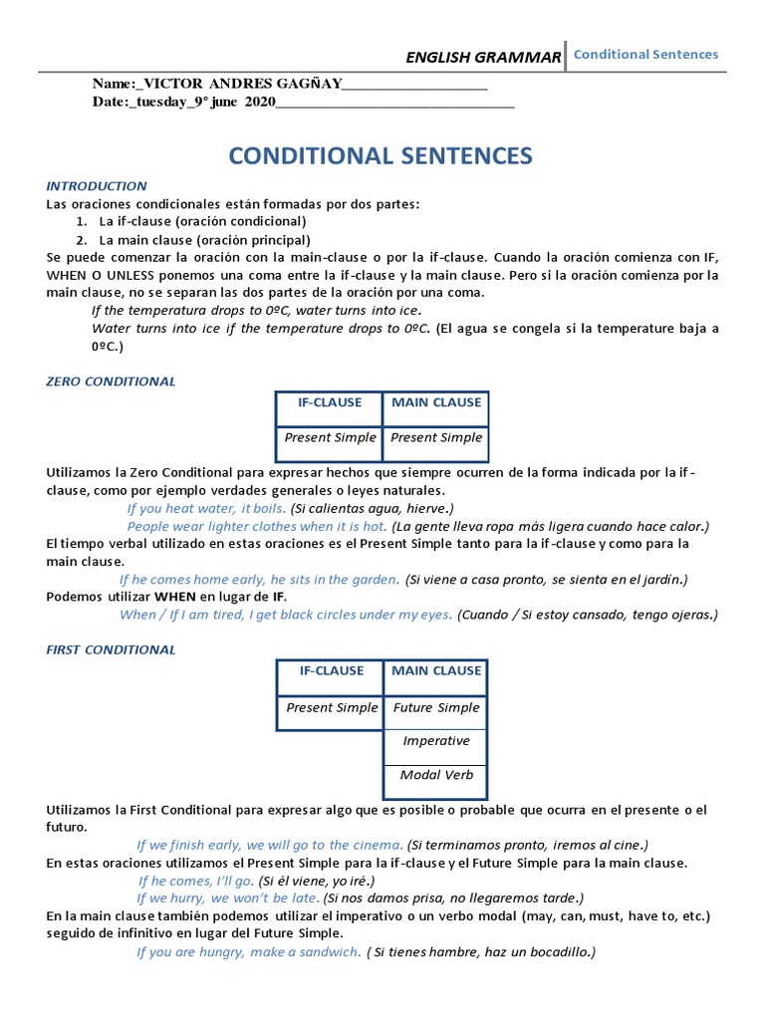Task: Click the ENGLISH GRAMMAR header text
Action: coord(483,58)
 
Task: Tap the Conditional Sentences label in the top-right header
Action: coord(645,55)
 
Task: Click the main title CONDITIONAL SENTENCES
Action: coord(381,155)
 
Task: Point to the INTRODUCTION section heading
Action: coord(97,186)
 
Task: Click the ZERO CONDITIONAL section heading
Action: coord(111,382)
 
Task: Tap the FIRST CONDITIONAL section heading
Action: coord(111,649)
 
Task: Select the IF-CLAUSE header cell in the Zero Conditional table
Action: coord(330,402)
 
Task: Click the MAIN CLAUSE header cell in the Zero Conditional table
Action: coord(435,402)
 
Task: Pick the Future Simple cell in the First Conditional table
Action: coord(435,708)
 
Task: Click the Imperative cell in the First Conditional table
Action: coord(435,741)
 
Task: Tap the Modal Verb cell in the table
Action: coord(435,775)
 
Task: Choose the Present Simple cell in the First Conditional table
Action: coord(332,708)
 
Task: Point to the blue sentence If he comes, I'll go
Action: coord(196,881)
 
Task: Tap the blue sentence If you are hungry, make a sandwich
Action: coord(248,952)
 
